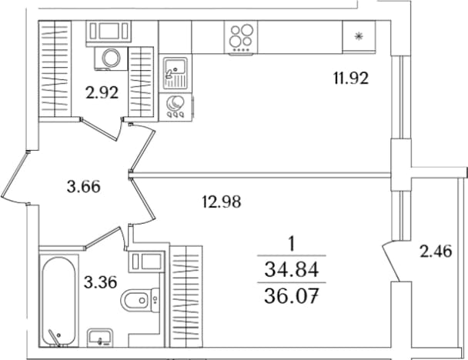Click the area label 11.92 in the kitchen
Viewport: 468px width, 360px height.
coord(351,78)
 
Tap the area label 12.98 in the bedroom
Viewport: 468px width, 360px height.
coord(222,202)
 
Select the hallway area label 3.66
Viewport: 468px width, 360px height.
coord(84,187)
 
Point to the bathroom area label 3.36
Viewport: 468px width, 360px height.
coord(100,282)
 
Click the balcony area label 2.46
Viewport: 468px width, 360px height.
coord(436,251)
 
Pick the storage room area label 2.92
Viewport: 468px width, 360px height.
coord(102,92)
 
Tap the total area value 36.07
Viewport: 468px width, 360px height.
coord(291,296)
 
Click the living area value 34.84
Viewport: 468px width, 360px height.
coord(291,270)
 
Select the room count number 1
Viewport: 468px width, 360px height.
coord(292,245)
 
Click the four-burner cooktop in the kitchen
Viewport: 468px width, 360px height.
coord(241,37)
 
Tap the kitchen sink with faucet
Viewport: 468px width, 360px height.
coord(175,73)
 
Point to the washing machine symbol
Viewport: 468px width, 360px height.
coord(111,58)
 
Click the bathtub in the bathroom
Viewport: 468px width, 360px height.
coord(58,301)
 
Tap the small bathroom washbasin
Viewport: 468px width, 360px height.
coord(100,337)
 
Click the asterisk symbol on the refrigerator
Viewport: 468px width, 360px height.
coord(359,36)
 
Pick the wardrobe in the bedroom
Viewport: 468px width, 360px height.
coord(186,296)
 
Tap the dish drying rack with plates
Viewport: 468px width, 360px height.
coord(175,107)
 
